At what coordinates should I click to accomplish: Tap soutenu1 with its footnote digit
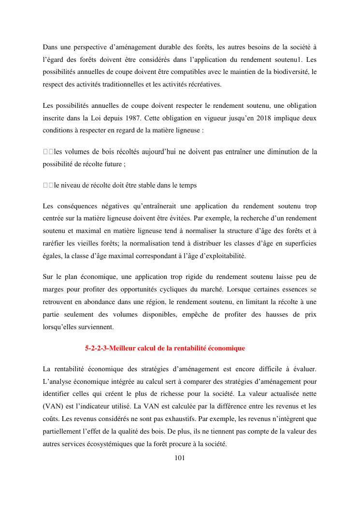[275, 59]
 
